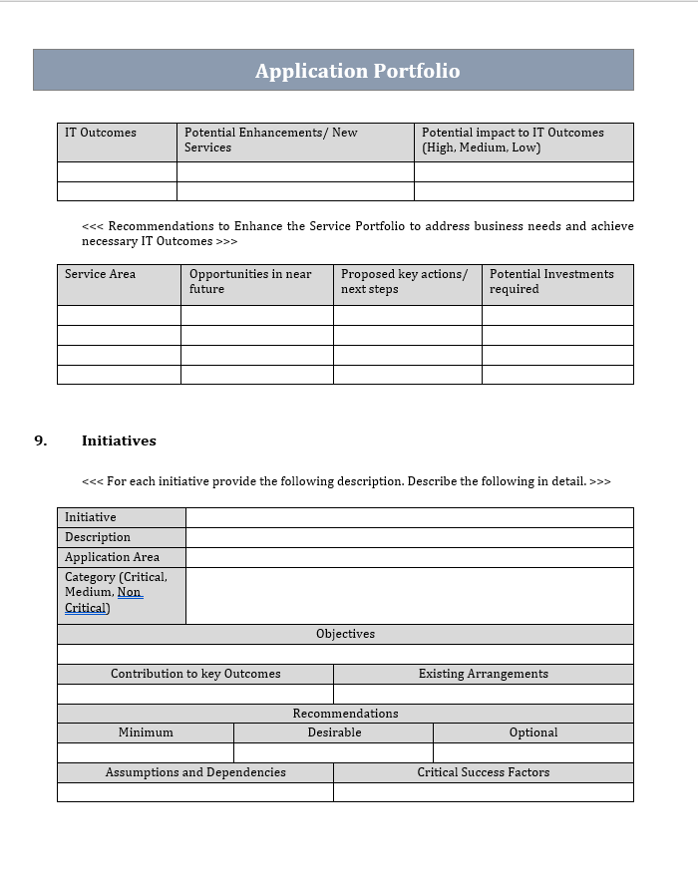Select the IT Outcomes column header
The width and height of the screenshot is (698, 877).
(101, 133)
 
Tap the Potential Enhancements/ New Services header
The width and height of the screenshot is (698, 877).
(270, 140)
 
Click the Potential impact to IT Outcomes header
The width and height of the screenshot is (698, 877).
(513, 140)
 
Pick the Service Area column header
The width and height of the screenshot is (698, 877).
(100, 274)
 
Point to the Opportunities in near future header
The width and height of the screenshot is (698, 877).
(250, 281)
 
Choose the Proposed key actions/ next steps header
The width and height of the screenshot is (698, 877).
(404, 281)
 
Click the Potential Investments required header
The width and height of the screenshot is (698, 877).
(551, 281)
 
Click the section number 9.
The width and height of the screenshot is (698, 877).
(41, 440)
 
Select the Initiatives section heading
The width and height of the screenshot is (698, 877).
(119, 440)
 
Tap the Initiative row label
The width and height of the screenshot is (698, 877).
(91, 517)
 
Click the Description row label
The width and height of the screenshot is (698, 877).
(98, 537)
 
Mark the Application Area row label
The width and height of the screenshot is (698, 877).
(112, 557)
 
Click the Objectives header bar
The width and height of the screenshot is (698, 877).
(345, 634)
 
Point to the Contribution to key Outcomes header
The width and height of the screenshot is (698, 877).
(195, 674)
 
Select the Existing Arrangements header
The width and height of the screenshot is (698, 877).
(484, 674)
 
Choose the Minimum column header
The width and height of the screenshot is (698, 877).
(146, 732)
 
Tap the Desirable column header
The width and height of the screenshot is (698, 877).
(334, 732)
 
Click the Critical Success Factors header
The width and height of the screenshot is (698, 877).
(484, 772)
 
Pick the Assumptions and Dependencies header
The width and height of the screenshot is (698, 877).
(195, 772)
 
